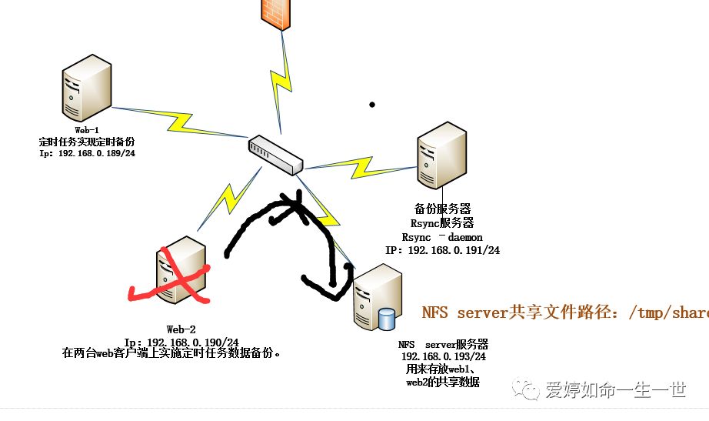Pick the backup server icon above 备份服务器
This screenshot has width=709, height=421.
441,159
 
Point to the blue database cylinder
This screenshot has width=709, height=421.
387,319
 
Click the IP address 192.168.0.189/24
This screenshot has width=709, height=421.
87,153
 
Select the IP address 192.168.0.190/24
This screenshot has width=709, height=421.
181,342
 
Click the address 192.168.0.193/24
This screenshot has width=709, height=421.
443,357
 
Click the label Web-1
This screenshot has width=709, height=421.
87,132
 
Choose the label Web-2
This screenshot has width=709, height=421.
181,329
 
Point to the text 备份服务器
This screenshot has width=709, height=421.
442,209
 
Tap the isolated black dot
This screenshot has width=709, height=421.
372,104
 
